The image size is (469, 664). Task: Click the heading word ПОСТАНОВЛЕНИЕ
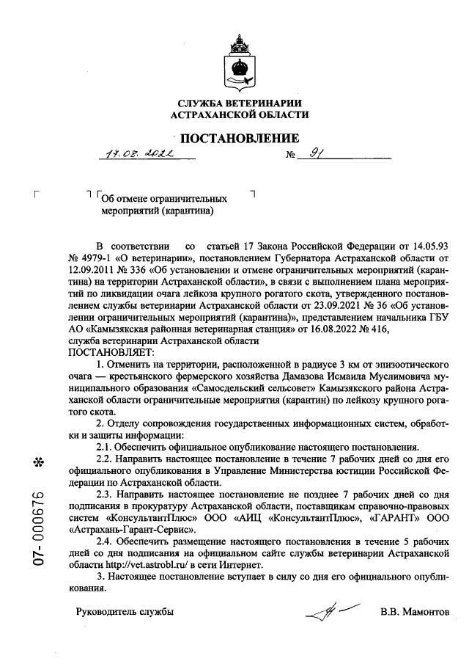pyautogui.click(x=240, y=139)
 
